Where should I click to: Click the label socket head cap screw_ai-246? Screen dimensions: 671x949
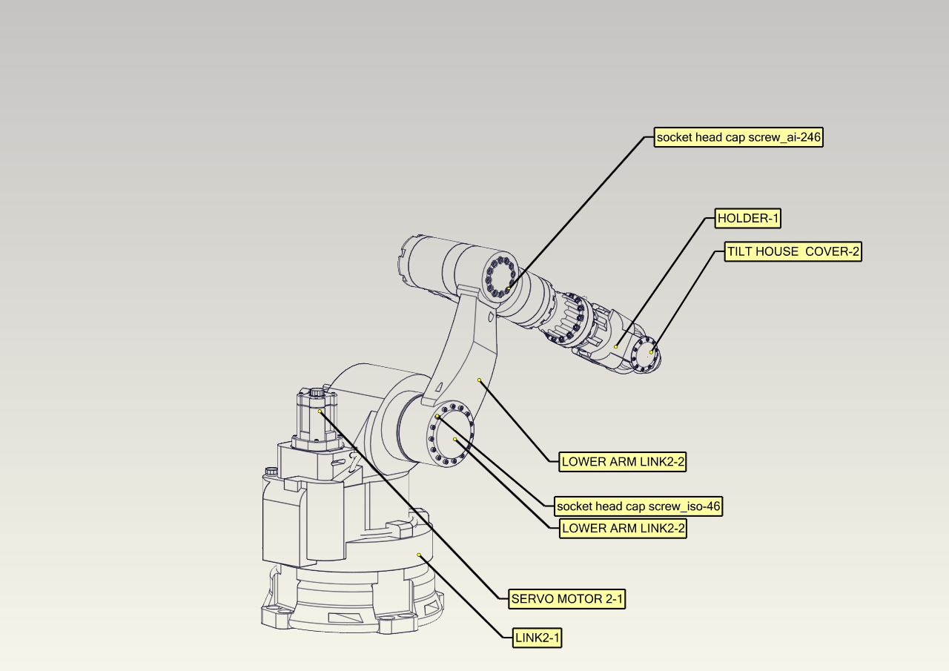point(738,137)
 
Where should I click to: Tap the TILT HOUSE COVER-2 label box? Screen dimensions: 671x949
point(793,252)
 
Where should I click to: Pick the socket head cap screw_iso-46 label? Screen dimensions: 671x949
point(638,506)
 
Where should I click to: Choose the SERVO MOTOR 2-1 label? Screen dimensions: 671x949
point(567,599)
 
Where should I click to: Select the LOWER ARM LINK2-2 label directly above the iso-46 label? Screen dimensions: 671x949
point(623,462)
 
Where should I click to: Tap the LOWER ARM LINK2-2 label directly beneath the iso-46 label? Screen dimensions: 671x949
point(623,529)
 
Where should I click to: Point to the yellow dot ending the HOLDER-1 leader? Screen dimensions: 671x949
point(616,346)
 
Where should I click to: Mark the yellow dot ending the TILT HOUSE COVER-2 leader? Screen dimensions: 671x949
point(652,352)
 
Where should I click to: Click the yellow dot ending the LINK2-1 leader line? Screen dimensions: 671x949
point(419,555)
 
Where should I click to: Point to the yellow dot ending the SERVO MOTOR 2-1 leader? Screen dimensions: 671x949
point(320,411)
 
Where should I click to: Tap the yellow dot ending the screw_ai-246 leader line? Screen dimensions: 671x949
point(509,289)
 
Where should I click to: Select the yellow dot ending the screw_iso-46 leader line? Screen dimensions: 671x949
point(437,417)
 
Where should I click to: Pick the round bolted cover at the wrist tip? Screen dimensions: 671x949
point(647,354)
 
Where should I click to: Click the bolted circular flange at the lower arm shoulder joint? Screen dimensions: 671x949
point(451,435)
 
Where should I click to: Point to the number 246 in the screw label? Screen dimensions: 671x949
point(809,137)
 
